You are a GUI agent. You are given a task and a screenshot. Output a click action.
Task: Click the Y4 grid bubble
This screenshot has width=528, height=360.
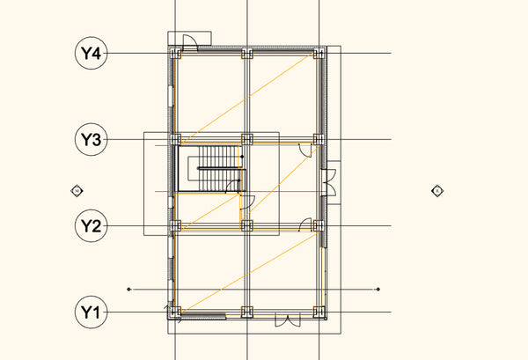coord(92,54)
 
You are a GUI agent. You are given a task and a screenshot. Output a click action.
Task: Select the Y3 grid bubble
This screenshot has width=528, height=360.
coord(92,139)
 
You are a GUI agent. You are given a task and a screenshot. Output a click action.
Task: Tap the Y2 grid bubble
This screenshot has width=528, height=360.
coord(92,226)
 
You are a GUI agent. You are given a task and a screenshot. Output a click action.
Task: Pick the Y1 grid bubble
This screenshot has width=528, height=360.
coord(92,312)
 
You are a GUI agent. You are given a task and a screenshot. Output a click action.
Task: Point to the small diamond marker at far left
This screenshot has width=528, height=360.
coord(77,190)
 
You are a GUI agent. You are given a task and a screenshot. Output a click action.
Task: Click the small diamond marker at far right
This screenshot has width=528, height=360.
coord(436,190)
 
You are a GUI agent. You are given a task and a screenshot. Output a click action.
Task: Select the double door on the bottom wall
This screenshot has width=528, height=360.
coord(288,320)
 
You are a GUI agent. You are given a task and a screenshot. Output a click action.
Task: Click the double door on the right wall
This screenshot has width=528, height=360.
coord(330,183)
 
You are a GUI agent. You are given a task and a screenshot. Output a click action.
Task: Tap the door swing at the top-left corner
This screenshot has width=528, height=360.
coord(187,40)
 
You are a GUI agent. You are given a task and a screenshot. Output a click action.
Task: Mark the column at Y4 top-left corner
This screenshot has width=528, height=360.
coord(176,54)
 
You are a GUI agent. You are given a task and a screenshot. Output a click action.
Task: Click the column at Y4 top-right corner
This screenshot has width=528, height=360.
coord(319,54)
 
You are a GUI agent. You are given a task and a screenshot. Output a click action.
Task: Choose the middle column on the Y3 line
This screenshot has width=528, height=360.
coord(247,139)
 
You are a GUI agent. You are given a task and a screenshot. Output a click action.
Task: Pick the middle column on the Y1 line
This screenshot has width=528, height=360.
coord(247,311)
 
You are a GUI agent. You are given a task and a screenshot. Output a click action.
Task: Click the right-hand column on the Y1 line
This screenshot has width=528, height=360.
coord(319,311)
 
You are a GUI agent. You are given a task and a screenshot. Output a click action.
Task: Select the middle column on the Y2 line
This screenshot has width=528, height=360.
coord(247,225)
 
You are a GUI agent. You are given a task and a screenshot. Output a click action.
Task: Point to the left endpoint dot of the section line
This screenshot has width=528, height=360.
coord(129,289)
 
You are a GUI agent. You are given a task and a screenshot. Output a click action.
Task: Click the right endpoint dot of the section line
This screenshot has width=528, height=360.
coord(378,289)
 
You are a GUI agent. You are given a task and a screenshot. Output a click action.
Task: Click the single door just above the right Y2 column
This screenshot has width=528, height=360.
coord(306,219)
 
